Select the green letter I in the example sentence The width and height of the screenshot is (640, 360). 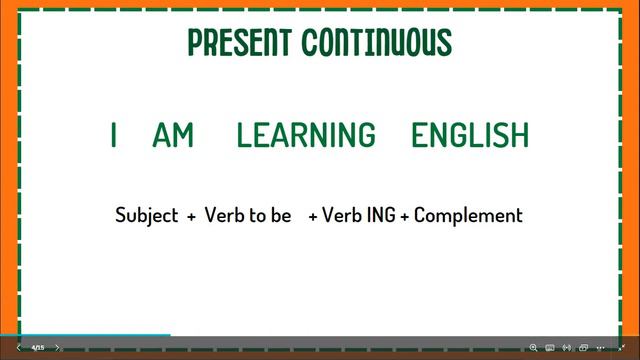pos(114,135)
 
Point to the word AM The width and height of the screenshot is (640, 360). pos(173,135)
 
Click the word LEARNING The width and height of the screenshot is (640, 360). pos(306,135)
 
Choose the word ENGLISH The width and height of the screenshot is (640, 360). pos(470,135)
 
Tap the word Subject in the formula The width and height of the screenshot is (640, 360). pos(146,215)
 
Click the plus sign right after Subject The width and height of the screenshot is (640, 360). pos(190,216)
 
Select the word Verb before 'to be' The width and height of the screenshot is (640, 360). pos(223,215)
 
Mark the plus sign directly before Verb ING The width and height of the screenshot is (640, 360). pos(313,216)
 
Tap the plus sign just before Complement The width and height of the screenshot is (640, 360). pos(404,216)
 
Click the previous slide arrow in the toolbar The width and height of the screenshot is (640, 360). pos(18,348)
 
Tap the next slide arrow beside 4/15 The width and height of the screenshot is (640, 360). pos(57,348)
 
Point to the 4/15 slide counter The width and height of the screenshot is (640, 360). pos(37,348)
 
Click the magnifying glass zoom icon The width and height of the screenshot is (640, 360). pos(533,348)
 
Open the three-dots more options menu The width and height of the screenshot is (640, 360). pos(601,348)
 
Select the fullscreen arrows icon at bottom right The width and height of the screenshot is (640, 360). pos(621,348)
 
